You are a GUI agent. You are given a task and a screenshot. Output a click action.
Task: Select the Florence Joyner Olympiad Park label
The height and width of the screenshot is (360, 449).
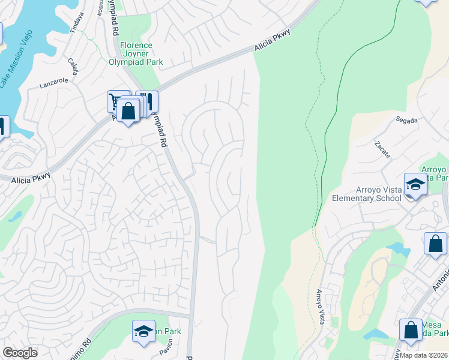pos(136,53)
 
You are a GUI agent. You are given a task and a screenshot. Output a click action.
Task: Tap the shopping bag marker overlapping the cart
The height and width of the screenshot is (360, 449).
pos(128,110)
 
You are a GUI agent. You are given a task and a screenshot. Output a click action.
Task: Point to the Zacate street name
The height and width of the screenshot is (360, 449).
pos(382,150)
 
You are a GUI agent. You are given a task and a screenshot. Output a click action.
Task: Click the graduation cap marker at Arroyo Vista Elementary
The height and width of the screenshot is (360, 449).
pos(415,183)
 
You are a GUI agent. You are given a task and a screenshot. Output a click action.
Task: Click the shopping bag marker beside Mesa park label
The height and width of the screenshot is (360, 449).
pos(411,329)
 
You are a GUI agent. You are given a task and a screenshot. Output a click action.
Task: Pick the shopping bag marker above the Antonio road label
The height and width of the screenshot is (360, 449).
pos(435,243)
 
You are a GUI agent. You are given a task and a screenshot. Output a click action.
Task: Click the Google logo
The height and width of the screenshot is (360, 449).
pos(20,353)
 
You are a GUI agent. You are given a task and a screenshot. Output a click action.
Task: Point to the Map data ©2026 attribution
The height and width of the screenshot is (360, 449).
pos(424,355)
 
